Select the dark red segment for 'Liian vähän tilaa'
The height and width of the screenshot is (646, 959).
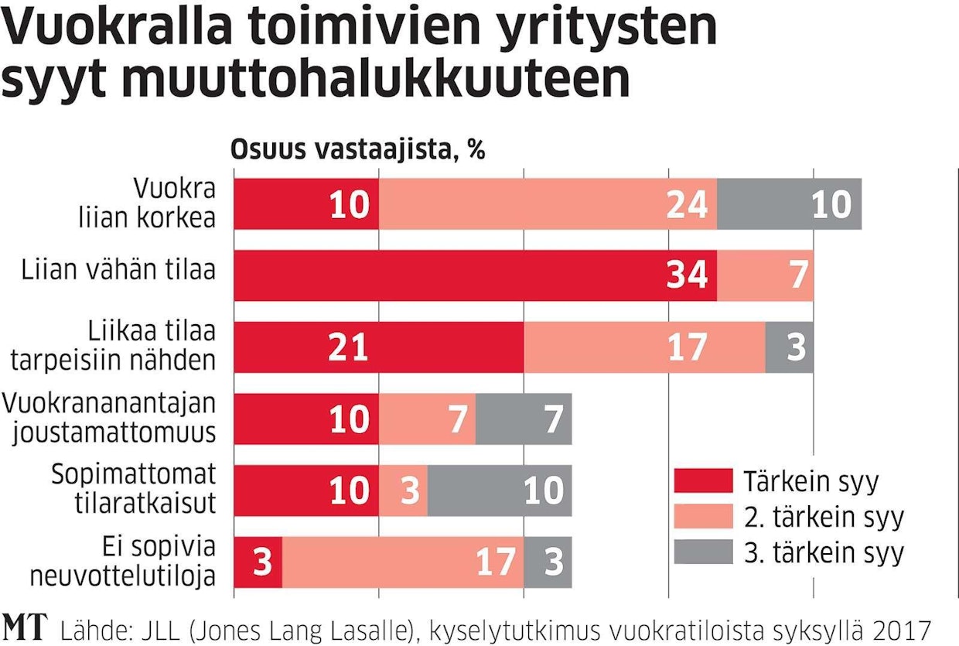tap(475, 275)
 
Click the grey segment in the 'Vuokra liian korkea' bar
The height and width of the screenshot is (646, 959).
tap(789, 203)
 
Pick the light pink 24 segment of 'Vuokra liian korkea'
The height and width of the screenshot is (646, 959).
tap(548, 203)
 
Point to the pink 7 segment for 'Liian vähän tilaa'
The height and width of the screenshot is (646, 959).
tap(765, 275)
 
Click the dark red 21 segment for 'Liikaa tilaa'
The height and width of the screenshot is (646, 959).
tap(378, 347)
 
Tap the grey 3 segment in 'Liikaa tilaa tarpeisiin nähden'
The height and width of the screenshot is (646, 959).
tap(789, 347)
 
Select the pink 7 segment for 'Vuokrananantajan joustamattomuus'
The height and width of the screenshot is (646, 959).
tap(427, 419)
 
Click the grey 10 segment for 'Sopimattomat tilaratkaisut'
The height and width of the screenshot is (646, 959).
tap(499, 490)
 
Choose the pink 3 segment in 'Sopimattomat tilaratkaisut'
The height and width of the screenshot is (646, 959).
tap(403, 490)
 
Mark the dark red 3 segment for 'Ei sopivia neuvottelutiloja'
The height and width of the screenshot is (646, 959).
tap(258, 562)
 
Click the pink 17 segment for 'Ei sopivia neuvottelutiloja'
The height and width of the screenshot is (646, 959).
tap(403, 562)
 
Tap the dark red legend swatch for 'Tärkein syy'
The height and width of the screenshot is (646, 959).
tap(703, 481)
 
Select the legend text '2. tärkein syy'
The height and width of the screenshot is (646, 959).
tap(823, 517)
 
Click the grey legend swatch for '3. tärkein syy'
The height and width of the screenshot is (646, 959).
tap(703, 552)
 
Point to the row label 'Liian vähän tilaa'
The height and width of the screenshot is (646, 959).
tap(118, 270)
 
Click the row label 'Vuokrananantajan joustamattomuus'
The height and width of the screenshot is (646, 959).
tap(109, 419)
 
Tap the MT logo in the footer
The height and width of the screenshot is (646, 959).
tap(25, 626)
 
